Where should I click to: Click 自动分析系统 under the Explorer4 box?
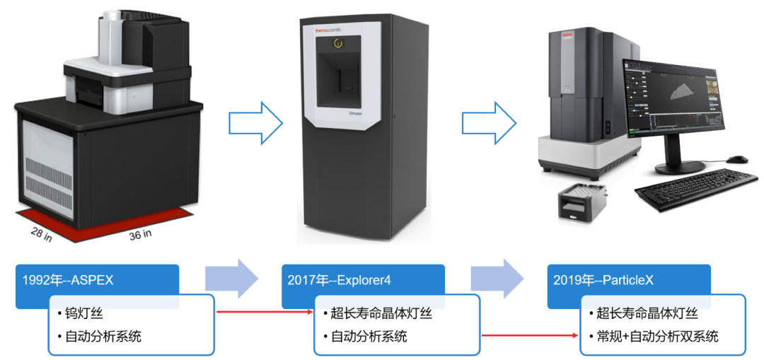click(369, 337)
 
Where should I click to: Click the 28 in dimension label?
click(40, 233)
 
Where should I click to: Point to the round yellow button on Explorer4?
click(339, 43)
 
